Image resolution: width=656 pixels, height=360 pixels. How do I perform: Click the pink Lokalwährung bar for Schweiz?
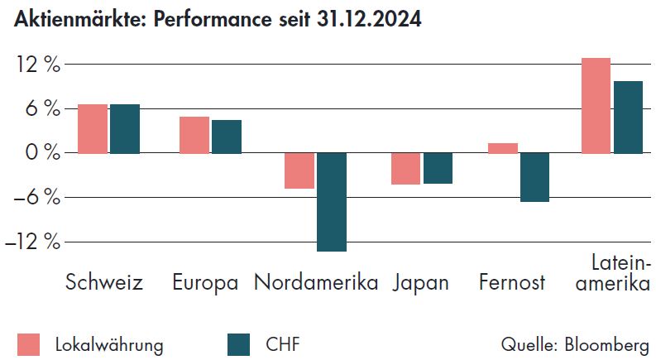(93, 129)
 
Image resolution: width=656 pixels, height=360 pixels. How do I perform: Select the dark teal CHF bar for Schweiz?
(125, 129)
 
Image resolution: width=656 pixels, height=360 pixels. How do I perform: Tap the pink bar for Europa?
(194, 135)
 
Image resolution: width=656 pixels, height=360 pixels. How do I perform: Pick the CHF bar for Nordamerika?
(331, 202)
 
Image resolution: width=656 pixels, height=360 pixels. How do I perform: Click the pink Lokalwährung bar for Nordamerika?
(299, 170)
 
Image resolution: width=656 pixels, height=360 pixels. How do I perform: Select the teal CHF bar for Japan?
(438, 168)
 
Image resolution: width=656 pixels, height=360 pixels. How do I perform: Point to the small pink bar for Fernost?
(503, 148)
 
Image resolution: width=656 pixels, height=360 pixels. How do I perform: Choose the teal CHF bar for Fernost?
(534, 177)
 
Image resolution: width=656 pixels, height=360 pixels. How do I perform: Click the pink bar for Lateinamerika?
(596, 106)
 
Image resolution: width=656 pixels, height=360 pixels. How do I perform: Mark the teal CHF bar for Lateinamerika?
(628, 118)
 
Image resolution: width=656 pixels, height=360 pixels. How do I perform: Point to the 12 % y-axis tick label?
(37, 65)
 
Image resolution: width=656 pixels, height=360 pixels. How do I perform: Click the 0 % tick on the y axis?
(42, 153)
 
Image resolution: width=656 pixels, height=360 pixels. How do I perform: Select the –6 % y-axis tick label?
(37, 198)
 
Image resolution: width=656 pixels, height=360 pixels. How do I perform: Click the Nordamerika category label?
(316, 282)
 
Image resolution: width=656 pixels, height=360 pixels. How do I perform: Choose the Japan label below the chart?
(421, 282)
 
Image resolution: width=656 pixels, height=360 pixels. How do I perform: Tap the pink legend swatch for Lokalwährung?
(28, 344)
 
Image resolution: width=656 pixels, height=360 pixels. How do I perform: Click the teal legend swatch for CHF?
(238, 344)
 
